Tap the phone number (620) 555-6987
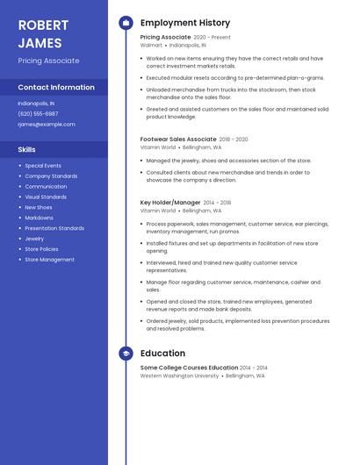38,113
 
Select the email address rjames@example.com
47,124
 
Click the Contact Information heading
56,88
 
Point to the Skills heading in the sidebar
27,149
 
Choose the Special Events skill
43,165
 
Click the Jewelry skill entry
34,239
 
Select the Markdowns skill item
39,218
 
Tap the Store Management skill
49,260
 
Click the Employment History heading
185,23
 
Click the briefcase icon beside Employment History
126,23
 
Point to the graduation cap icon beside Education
126,354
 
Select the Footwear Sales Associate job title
178,139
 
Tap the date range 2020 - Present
212,38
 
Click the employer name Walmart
151,45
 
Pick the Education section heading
162,354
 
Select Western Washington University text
180,376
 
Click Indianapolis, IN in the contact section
36,103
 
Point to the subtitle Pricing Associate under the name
48,61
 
